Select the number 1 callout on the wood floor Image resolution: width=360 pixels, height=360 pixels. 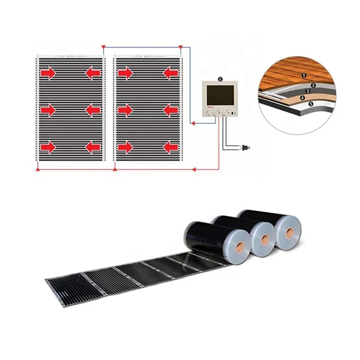(303, 76)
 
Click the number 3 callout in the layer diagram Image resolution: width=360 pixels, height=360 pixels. (307, 91)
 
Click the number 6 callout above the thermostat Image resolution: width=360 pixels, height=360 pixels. (220, 79)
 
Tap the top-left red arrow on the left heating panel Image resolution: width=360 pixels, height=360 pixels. (47, 73)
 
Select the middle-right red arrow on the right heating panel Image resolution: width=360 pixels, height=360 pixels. (170, 110)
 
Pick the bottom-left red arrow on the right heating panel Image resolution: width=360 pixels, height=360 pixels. (125, 147)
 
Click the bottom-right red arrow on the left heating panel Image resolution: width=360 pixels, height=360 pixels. (93, 147)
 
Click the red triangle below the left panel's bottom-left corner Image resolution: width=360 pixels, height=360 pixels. (37, 168)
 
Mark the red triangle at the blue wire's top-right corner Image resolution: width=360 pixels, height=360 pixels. (180, 47)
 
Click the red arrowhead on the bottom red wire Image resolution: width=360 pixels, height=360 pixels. (194, 169)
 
